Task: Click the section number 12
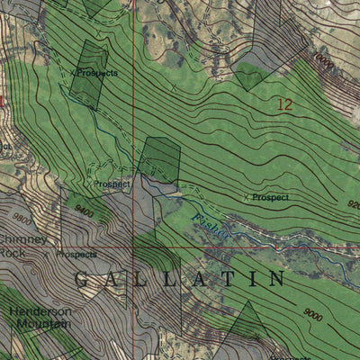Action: click(x=285, y=105)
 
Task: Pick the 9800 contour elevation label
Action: click(x=22, y=217)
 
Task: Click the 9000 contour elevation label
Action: click(x=313, y=314)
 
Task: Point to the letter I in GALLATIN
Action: click(x=248, y=279)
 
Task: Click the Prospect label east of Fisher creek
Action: click(x=270, y=197)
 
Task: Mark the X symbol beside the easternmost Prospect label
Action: click(x=247, y=197)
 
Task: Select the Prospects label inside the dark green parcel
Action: click(x=97, y=72)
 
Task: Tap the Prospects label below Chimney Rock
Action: click(x=76, y=255)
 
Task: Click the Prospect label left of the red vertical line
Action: click(x=112, y=184)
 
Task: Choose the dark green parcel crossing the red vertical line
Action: click(x=160, y=159)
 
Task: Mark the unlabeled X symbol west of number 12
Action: click(x=174, y=88)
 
